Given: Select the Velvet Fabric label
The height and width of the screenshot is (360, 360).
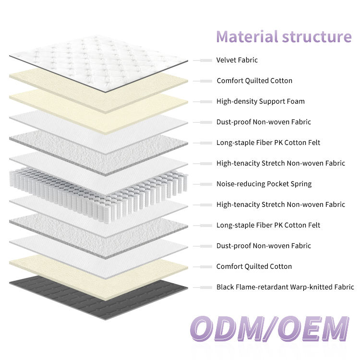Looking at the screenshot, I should (x=237, y=60).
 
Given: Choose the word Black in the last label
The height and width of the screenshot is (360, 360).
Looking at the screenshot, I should (x=226, y=287).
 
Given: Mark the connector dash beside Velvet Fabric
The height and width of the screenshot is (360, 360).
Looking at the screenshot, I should (x=204, y=60).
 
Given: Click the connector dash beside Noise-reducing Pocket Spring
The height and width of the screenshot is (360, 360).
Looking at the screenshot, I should (x=204, y=184).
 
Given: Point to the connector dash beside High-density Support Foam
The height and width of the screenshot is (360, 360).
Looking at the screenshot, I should (x=204, y=102).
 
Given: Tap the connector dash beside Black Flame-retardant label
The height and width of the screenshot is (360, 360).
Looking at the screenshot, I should (x=204, y=288).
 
